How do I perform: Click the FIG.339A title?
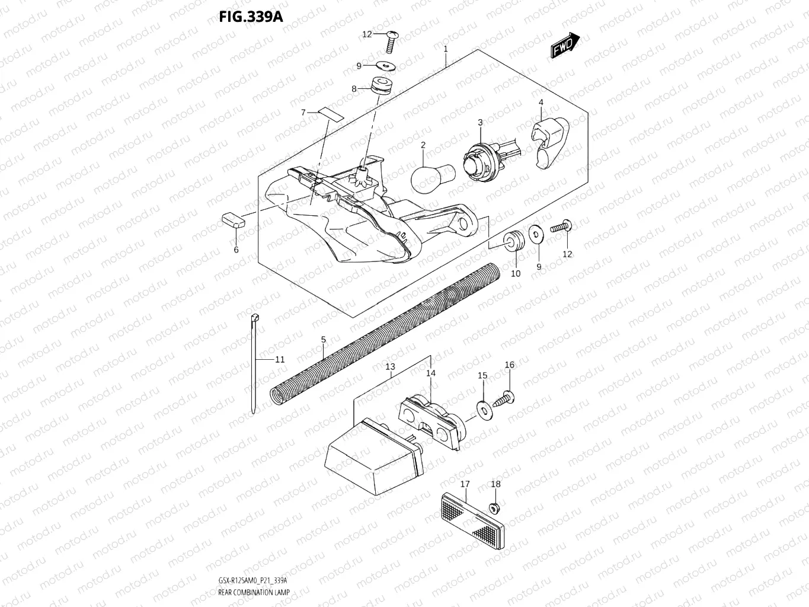(251, 16)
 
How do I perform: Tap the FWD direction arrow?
(565, 46)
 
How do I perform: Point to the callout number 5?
(323, 340)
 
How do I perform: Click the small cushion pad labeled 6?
(234, 219)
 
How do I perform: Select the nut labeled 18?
(493, 507)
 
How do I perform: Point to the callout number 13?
(390, 367)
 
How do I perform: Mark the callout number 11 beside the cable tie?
(279, 359)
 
